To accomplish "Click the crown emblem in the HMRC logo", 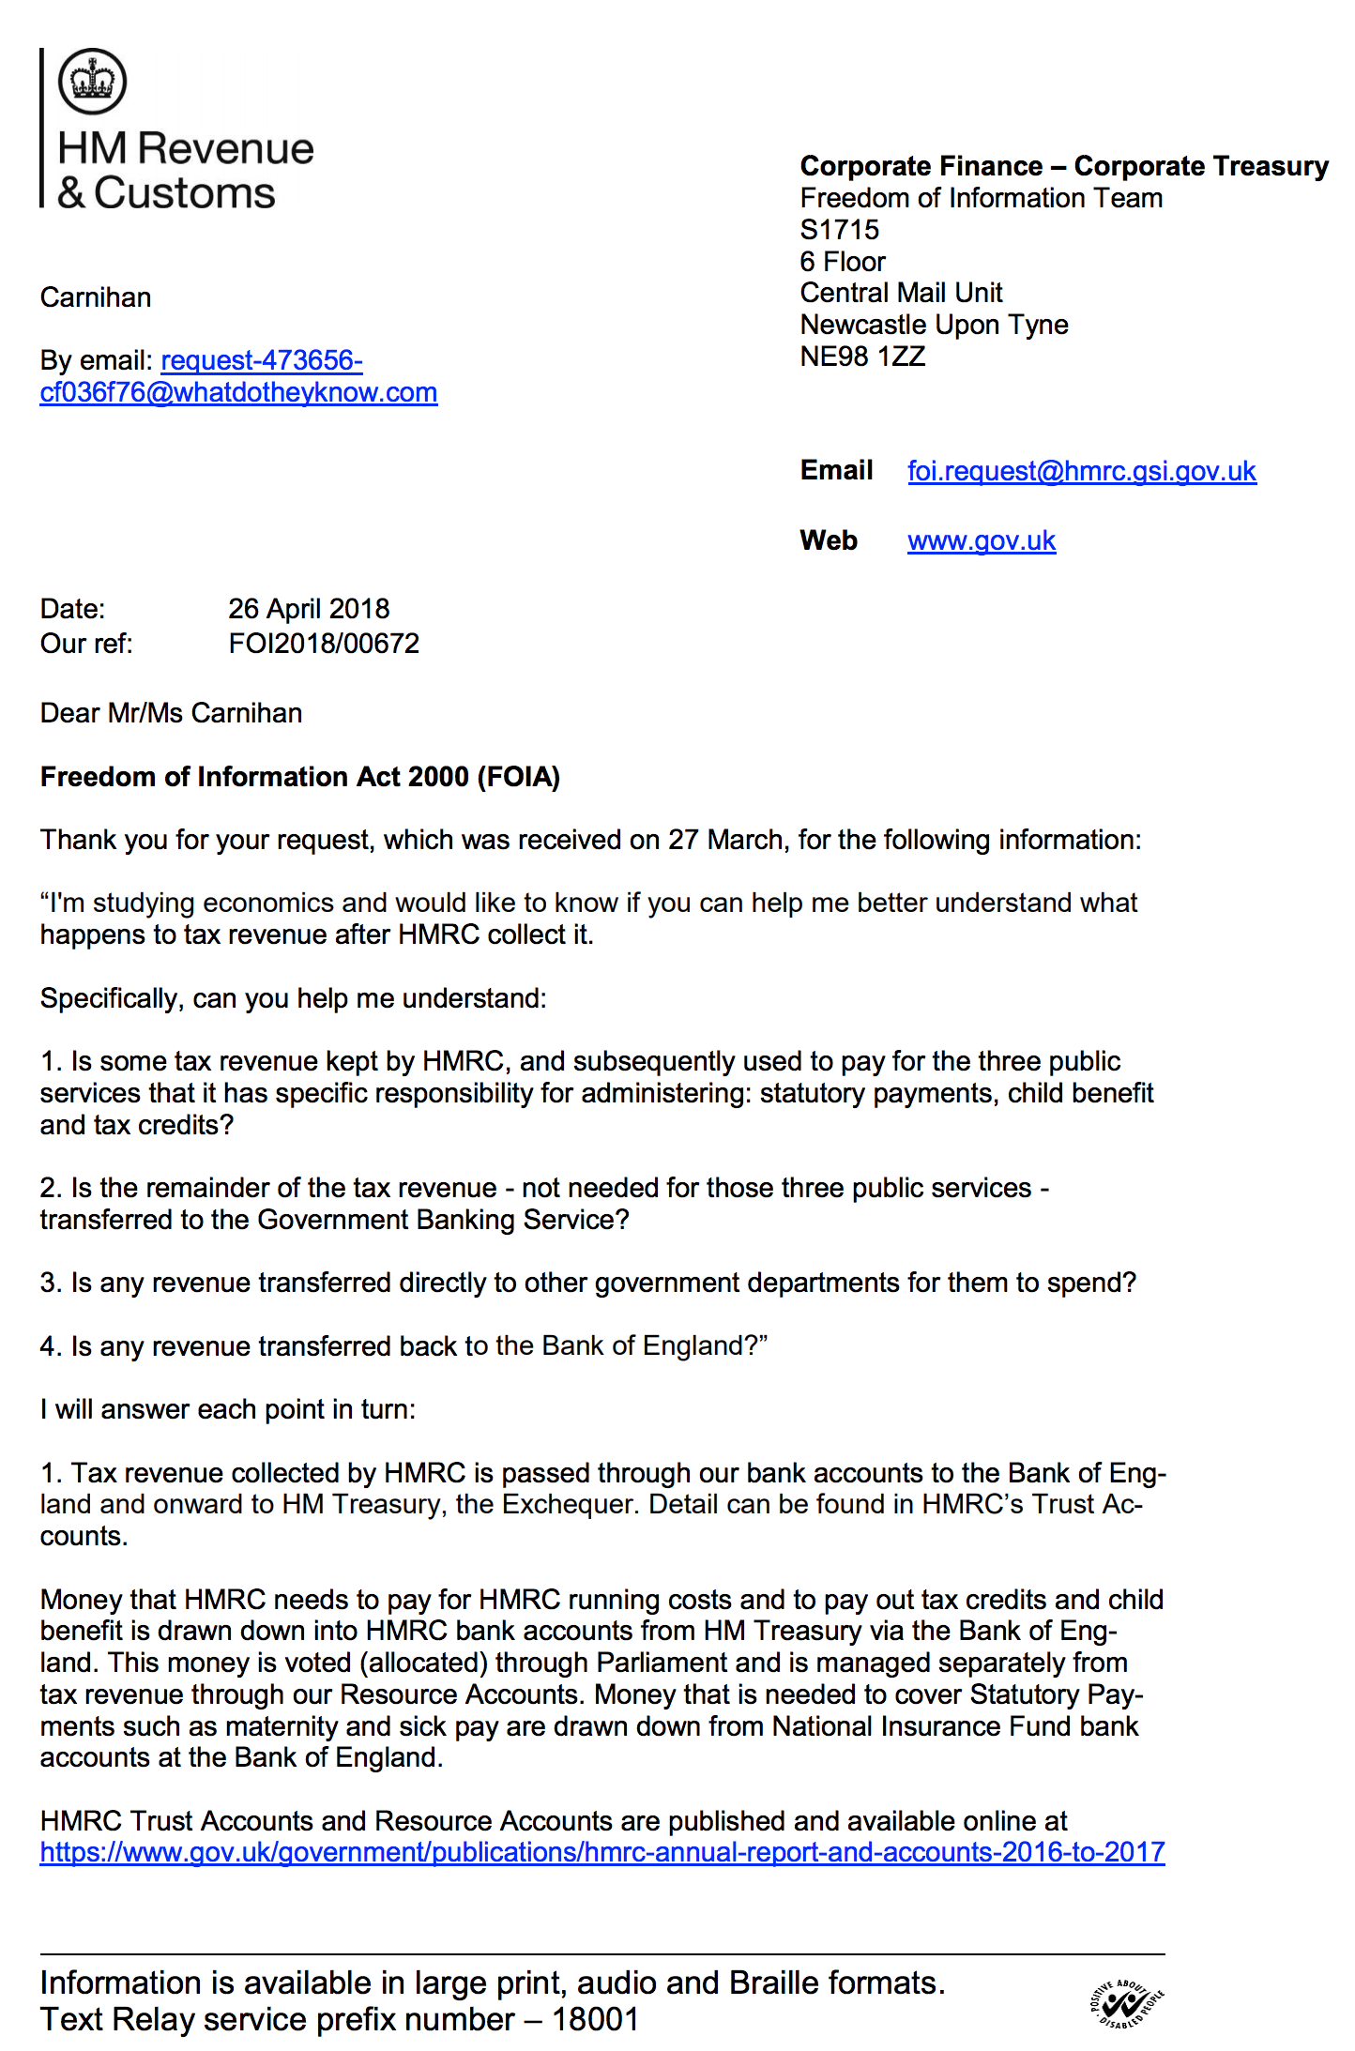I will [x=92, y=82].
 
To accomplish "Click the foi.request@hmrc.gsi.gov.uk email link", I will [x=1081, y=471].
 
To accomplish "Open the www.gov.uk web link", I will [x=981, y=541].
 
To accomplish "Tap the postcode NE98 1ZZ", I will [x=862, y=357].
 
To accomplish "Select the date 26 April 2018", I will [x=309, y=609].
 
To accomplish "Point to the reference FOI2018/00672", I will [x=324, y=644].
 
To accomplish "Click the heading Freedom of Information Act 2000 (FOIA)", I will [x=299, y=777].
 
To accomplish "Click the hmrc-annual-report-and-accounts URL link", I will [x=601, y=1852].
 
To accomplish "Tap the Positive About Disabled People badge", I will [x=1126, y=2007].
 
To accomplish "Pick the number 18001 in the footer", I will [x=595, y=2019].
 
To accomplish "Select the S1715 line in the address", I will [x=840, y=230].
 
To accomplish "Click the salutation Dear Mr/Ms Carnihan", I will [x=171, y=713].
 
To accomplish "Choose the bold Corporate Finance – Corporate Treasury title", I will [x=1064, y=166].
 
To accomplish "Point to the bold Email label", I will [x=836, y=470].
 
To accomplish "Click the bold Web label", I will [x=829, y=540].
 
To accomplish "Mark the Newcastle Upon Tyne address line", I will [x=934, y=325].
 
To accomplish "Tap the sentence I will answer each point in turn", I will [x=227, y=1409].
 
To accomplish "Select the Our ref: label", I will [x=86, y=644].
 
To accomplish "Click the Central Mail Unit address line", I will [x=901, y=293].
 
